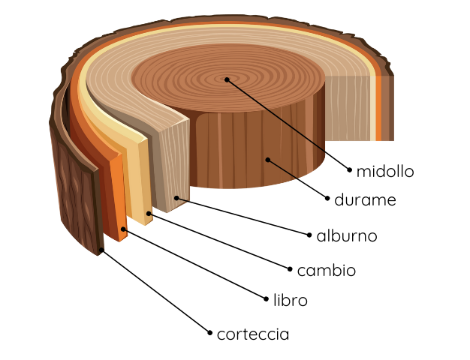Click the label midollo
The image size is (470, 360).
coord(385,171)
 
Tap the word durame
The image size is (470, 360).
coord(365,200)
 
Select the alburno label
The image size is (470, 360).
coord(346,236)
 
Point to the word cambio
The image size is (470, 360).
coord(326,270)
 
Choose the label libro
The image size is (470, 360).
coord(291,300)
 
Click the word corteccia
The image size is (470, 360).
coord(252,334)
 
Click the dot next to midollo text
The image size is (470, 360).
coord(350,170)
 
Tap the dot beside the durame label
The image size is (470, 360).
coord(328,198)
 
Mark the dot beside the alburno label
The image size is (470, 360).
coord(309,235)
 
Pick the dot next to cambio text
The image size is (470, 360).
coord(290,268)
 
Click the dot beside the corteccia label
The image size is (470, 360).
coord(210,332)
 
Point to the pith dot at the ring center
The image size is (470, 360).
coord(226,79)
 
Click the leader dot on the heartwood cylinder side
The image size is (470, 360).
coord(268,159)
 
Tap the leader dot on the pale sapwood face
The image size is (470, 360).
coord(177,197)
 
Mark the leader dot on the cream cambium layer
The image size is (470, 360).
coord(149,214)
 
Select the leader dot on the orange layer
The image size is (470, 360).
coord(124,230)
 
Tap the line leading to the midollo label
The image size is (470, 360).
coord(288,124)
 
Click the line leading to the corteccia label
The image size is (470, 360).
coord(156,292)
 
